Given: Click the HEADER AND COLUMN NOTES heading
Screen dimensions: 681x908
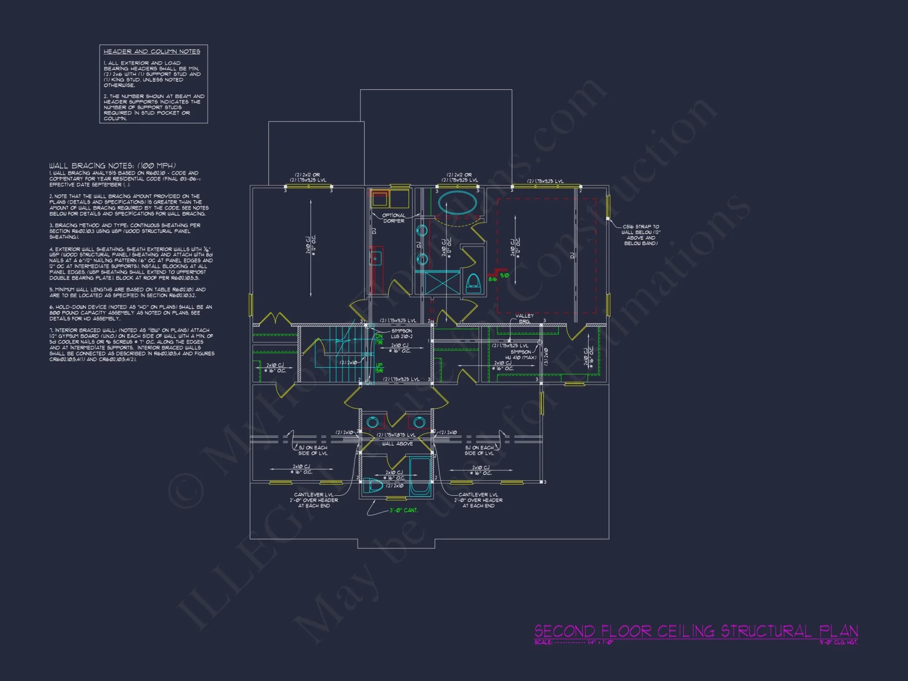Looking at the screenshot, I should click(152, 52).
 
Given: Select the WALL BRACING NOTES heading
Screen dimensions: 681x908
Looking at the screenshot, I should click(112, 166).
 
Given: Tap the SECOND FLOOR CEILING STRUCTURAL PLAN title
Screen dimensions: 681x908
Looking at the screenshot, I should click(696, 631).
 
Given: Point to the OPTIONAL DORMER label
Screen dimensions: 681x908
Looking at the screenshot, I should click(393, 218).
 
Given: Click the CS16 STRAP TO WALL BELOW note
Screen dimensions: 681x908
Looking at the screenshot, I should click(641, 235).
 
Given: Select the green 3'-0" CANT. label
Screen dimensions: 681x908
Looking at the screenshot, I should click(403, 510).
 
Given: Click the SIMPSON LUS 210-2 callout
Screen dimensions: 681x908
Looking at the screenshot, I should click(401, 334).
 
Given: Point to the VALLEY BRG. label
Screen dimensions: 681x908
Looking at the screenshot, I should click(524, 318).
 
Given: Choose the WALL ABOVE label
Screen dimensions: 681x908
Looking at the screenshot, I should click(397, 444).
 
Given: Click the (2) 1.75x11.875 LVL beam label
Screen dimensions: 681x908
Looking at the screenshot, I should click(396, 435).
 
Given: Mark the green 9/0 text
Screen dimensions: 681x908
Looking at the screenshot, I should click(504, 275).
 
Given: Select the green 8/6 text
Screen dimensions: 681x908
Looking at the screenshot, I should click(493, 279).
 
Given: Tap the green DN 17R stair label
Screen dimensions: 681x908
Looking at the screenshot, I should click(379, 339).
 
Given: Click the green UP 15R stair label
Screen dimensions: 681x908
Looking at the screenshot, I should click(379, 368).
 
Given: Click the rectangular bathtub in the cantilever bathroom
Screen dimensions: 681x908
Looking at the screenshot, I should click(420, 477).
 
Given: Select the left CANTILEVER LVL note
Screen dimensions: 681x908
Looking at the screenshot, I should click(314, 500).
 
